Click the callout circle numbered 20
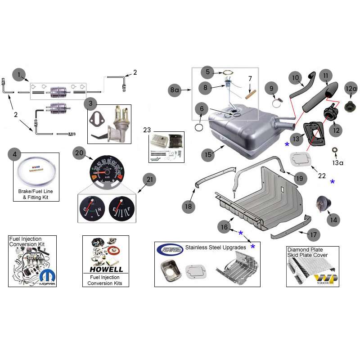[x=79, y=153]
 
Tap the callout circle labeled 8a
[x=175, y=90]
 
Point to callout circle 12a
[x=351, y=88]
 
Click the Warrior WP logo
[x=326, y=278]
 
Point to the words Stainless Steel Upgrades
[x=216, y=247]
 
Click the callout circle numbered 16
[x=224, y=228]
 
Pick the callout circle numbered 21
[x=148, y=180]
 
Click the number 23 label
[x=147, y=130]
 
